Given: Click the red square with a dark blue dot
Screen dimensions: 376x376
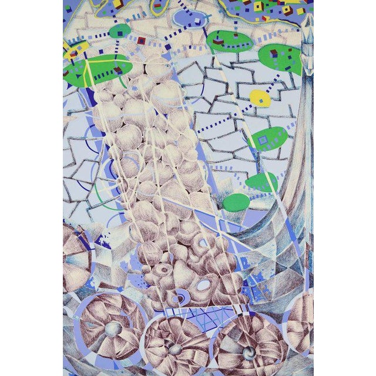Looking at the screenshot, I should point(141,41).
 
